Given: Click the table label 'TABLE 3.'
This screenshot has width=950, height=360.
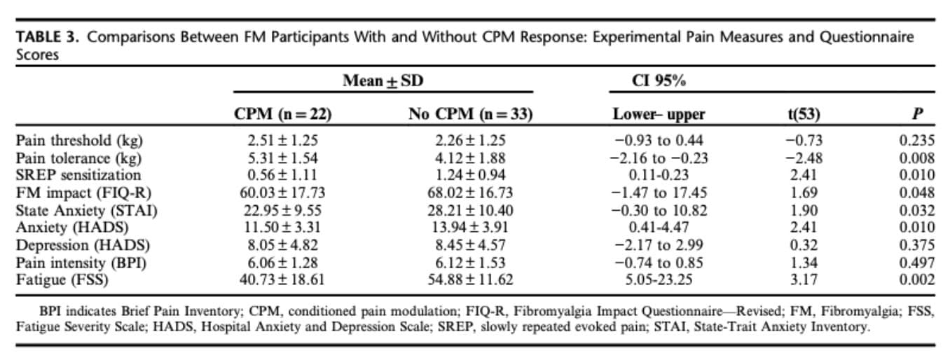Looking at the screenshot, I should tap(47, 37).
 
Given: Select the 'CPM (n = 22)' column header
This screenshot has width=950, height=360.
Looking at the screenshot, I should tap(282, 114).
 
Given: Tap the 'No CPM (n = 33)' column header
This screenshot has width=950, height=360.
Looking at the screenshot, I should tap(470, 114).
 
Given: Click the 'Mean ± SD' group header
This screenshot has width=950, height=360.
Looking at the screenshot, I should tap(383, 81).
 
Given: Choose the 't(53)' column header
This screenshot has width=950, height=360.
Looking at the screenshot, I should tap(804, 114).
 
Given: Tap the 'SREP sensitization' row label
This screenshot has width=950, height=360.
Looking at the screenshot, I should tap(78, 175).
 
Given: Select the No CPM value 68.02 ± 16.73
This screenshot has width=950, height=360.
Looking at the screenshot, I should tap(470, 193).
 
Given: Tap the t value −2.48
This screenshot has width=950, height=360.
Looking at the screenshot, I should tap(804, 158).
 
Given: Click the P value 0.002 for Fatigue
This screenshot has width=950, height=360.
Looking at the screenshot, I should tap(916, 279).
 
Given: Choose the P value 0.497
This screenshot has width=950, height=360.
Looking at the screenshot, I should tap(916, 263).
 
